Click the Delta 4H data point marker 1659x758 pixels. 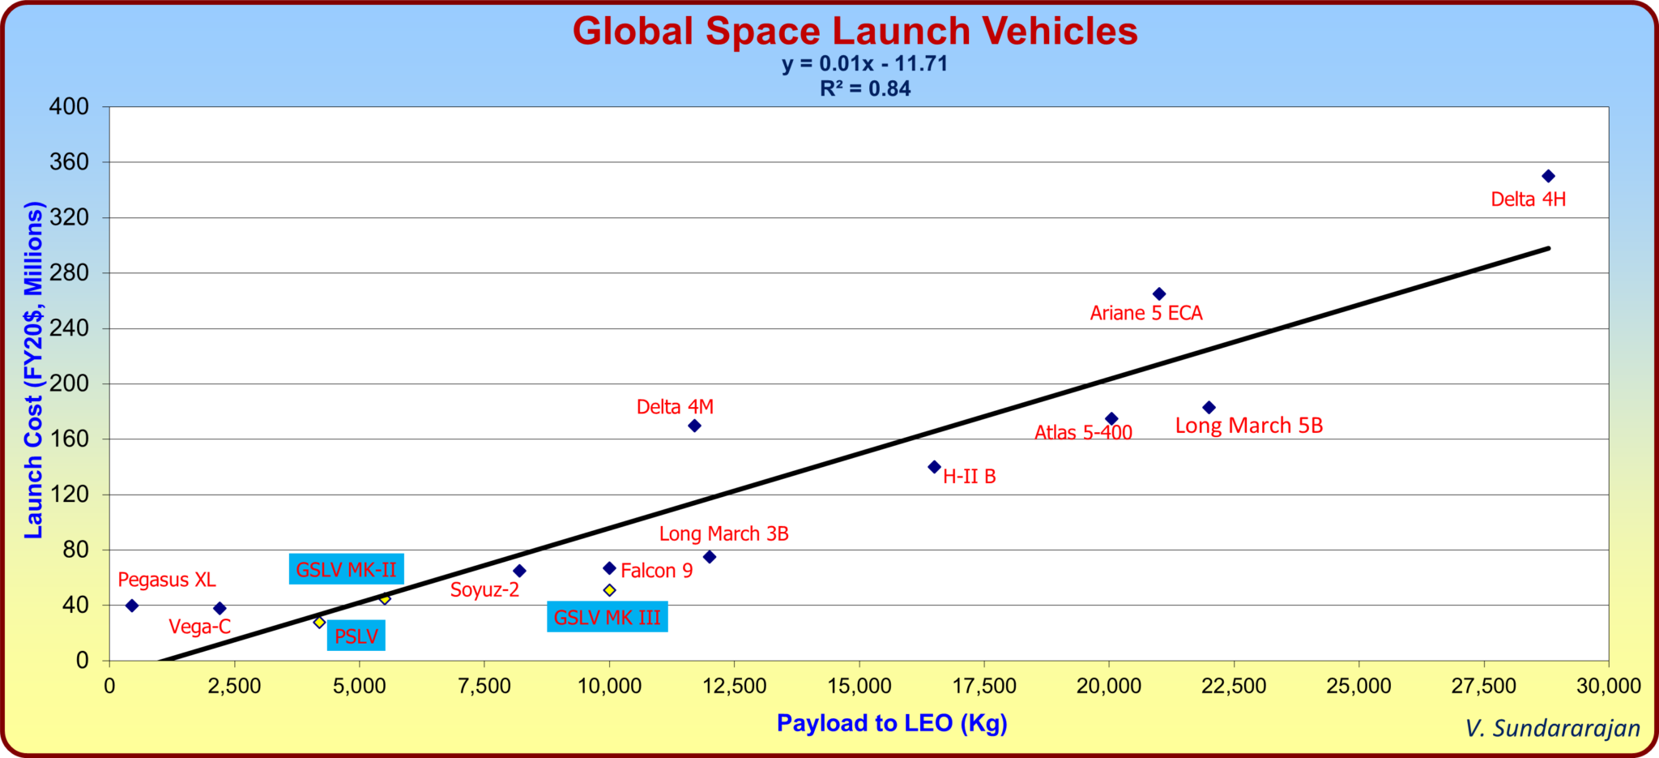[x=1548, y=176]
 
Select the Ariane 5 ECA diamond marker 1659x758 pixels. [x=1159, y=293]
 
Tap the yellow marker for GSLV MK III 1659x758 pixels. [x=609, y=590]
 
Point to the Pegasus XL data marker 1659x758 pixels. [x=132, y=606]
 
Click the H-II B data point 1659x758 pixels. [x=934, y=467]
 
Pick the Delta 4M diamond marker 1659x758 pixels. [x=694, y=426]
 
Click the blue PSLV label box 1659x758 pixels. [x=356, y=636]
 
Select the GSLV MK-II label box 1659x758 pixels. [x=346, y=570]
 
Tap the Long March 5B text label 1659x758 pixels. [x=1248, y=426]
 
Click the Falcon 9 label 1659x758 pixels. [x=656, y=571]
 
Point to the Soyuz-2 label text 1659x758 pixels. [x=484, y=590]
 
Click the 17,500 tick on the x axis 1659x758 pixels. [x=984, y=686]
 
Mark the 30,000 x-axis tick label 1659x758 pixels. [x=1608, y=686]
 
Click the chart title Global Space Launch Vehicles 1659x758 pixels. [x=855, y=31]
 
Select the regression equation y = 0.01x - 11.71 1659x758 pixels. [x=864, y=64]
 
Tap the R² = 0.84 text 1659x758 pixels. [x=864, y=89]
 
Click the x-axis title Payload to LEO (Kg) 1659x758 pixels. [x=892, y=722]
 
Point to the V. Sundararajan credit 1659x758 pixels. [x=1552, y=728]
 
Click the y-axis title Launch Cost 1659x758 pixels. [x=33, y=370]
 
